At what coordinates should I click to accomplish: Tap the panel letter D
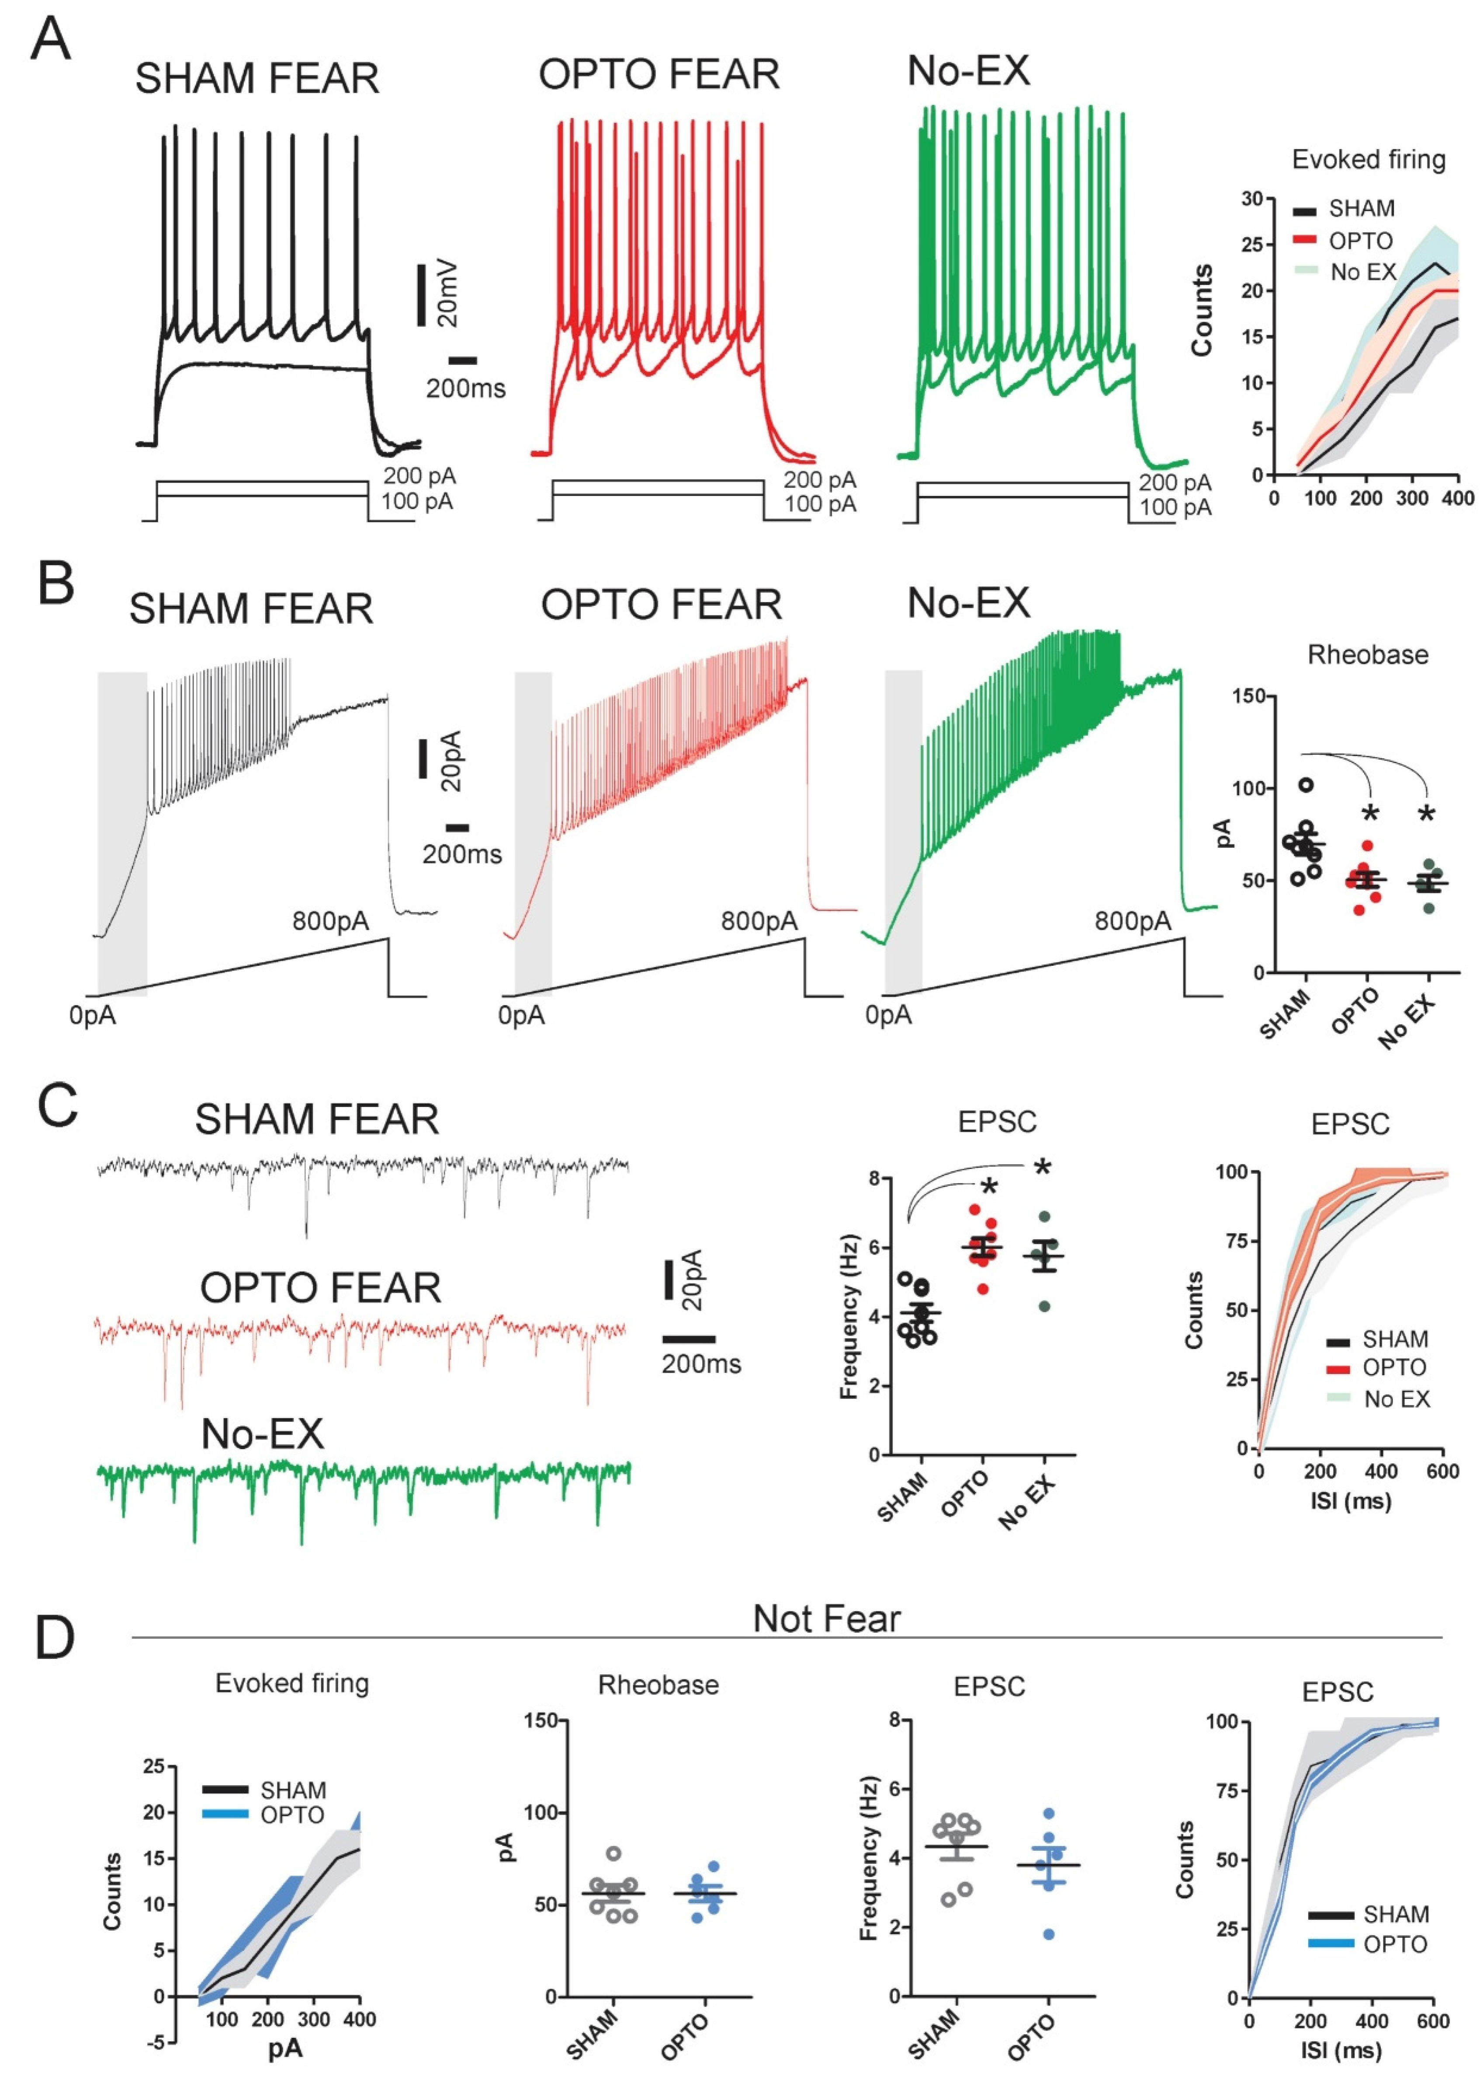coord(55,1637)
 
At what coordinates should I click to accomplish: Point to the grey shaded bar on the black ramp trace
coord(122,820)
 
